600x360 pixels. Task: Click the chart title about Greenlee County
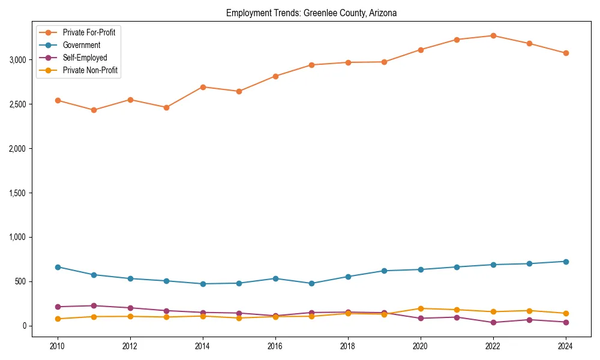tap(311, 13)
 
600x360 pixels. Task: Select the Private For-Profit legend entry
tap(89, 32)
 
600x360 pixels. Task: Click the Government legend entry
tap(81, 45)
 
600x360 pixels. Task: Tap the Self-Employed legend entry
tap(85, 58)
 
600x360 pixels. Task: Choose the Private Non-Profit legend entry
tap(90, 70)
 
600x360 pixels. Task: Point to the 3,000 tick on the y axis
tap(18, 60)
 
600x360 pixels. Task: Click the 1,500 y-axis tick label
tap(18, 193)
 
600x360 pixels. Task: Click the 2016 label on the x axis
tap(275, 346)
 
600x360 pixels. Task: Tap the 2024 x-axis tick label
tap(566, 346)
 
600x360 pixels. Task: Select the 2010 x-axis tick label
tap(58, 346)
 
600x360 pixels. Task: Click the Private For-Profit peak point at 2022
tap(493, 35)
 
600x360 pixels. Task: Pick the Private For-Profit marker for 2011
tap(94, 110)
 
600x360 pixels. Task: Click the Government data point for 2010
tap(58, 267)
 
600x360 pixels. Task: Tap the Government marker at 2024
tap(566, 262)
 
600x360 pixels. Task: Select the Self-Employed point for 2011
tap(94, 306)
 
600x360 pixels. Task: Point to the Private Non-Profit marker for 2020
tap(421, 308)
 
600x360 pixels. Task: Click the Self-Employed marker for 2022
tap(493, 323)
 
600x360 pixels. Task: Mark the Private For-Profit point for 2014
tap(203, 87)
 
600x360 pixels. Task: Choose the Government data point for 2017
tap(311, 283)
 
